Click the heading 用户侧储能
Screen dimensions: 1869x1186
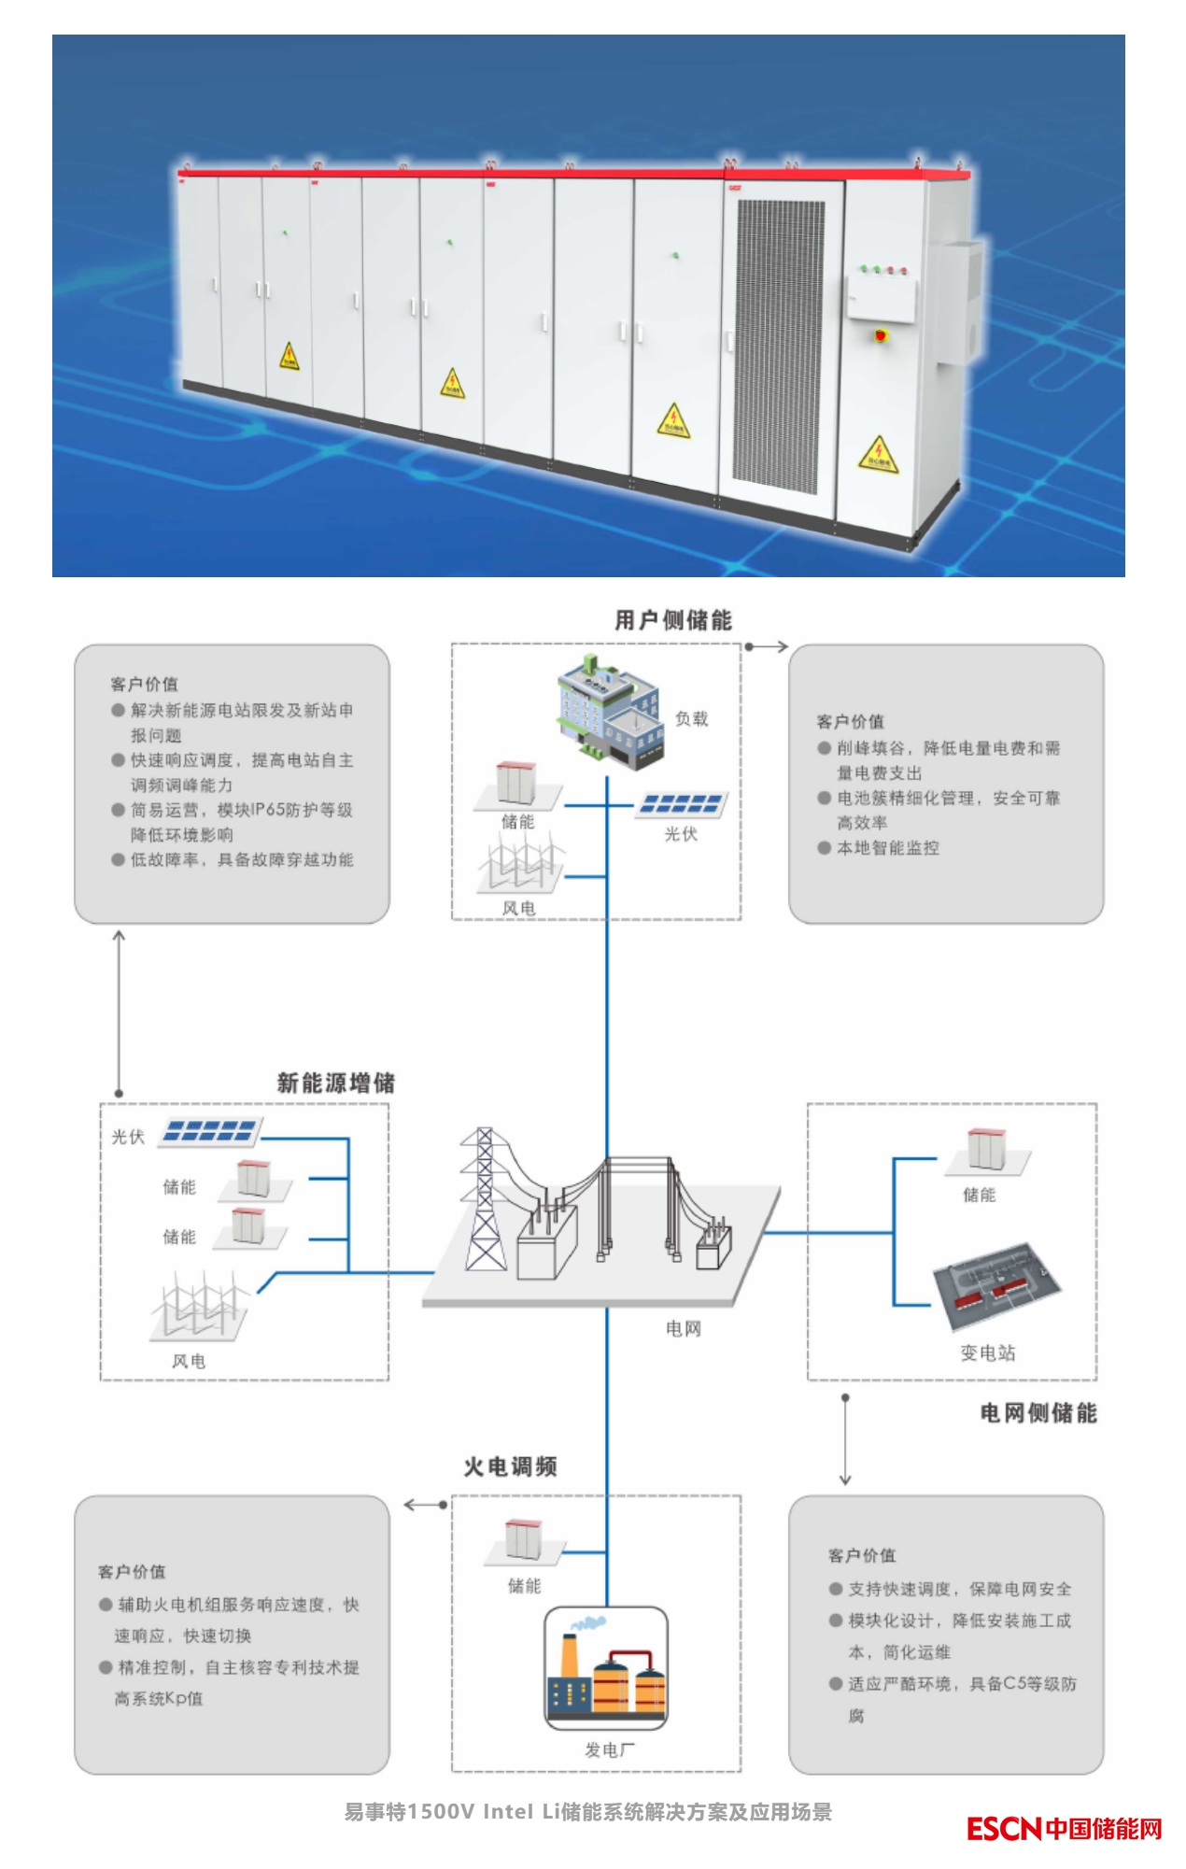[x=672, y=620]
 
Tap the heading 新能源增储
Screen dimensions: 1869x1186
[x=335, y=1083]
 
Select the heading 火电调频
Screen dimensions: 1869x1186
[x=510, y=1467]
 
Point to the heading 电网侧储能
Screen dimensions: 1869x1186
[x=1038, y=1413]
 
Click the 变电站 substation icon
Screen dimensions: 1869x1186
[x=996, y=1285]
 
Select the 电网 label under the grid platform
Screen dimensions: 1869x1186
[x=683, y=1329]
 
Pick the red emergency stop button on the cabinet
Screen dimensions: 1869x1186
[x=881, y=334]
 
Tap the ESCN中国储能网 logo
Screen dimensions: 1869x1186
[x=1064, y=1829]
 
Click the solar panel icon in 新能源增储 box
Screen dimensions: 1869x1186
[x=210, y=1131]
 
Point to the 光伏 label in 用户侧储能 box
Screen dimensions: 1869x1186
[x=681, y=834]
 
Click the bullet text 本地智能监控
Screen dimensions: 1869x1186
[x=887, y=848]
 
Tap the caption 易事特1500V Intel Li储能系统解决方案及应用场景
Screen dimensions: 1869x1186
[x=587, y=1812]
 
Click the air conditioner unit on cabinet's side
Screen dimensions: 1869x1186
[x=959, y=301]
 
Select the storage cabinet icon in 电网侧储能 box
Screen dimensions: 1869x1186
[x=986, y=1151]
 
